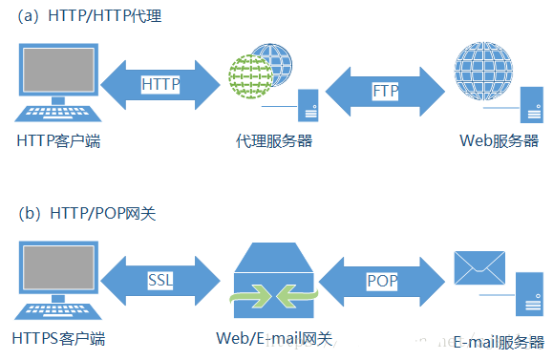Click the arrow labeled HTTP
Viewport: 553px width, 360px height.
coord(160,84)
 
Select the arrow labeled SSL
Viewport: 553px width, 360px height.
coord(160,280)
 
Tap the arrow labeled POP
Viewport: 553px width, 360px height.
coord(381,280)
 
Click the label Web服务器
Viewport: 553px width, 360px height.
coord(499,141)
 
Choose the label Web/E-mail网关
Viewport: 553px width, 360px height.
coord(274,338)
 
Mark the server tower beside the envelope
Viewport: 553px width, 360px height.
coord(527,295)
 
